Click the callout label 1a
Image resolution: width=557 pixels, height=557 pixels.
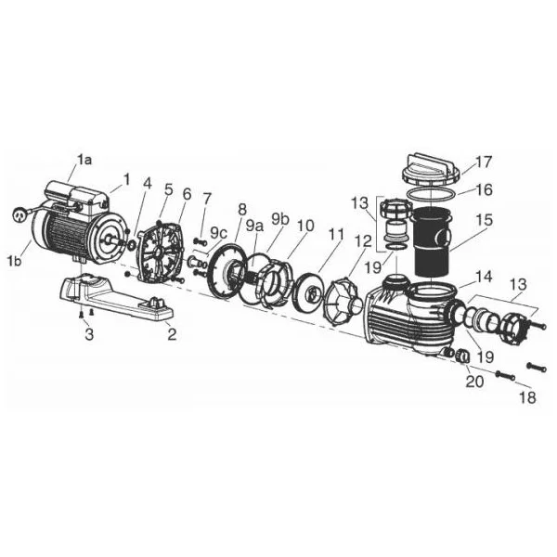pyautogui.click(x=84, y=161)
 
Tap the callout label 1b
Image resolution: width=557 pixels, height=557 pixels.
pyautogui.click(x=14, y=261)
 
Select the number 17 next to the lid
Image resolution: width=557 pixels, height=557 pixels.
pyautogui.click(x=483, y=162)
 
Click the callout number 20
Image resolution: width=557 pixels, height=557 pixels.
pyautogui.click(x=474, y=382)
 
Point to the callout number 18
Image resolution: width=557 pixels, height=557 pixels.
pyautogui.click(x=527, y=397)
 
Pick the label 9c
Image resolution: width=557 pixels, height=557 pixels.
pyautogui.click(x=218, y=233)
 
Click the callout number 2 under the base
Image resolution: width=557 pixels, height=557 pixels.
pyautogui.click(x=172, y=334)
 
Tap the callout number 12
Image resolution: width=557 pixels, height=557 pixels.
pyautogui.click(x=363, y=241)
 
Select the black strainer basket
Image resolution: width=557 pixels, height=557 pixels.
pyautogui.click(x=432, y=241)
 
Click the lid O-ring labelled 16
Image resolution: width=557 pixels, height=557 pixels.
pyautogui.click(x=432, y=195)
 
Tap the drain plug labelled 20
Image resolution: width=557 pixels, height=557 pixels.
pyautogui.click(x=462, y=356)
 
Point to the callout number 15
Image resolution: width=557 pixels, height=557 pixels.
pyautogui.click(x=485, y=220)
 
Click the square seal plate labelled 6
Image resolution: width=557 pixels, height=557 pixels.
pyautogui.click(x=161, y=252)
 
